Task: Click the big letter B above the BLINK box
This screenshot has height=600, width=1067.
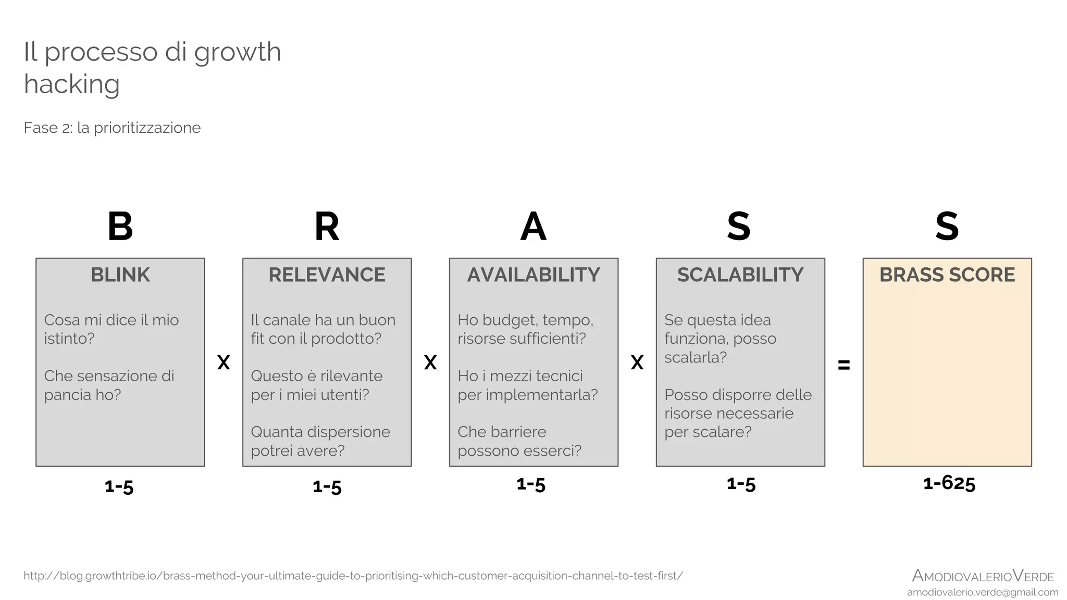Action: (120, 227)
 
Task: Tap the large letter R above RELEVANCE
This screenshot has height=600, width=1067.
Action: (327, 227)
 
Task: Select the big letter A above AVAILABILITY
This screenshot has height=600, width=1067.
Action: (533, 227)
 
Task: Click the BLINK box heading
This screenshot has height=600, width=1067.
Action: (120, 275)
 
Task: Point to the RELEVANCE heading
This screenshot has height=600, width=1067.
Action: (327, 275)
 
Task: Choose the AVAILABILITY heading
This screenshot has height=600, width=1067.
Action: (533, 275)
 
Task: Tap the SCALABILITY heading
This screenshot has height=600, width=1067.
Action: (740, 275)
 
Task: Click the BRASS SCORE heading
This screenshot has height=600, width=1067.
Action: (947, 275)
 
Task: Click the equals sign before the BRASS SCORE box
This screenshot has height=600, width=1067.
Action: (844, 365)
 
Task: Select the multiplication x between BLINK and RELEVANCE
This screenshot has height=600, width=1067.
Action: (224, 362)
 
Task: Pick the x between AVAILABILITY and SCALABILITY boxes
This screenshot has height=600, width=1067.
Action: (637, 362)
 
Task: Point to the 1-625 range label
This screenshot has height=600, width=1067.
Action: (949, 483)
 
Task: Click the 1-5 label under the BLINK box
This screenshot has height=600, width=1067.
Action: (119, 487)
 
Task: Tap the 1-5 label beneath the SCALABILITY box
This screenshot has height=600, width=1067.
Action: (741, 484)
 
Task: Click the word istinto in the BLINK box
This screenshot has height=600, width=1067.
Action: (69, 339)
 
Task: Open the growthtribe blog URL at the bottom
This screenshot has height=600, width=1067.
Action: (353, 576)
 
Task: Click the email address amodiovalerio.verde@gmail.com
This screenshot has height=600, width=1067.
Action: (983, 592)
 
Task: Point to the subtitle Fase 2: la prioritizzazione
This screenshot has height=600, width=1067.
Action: (112, 128)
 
